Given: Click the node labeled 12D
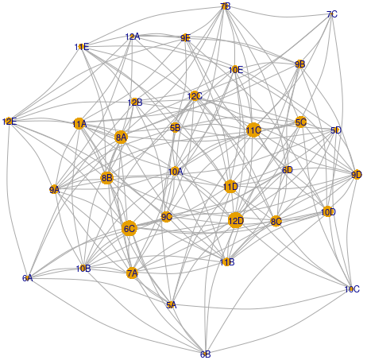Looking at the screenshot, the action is (236, 220).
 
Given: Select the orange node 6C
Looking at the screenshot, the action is (129, 228).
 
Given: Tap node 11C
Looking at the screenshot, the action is (253, 130).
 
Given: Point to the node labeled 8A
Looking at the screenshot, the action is (121, 137).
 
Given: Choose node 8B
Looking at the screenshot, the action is (106, 178).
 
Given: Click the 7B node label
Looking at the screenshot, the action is (226, 6).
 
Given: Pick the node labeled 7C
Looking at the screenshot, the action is (332, 14).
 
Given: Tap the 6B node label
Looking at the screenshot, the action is (206, 354).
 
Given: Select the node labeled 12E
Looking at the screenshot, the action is (10, 122).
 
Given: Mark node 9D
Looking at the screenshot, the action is (357, 175).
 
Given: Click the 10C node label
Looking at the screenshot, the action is (352, 289).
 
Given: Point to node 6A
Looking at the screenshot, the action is (28, 278).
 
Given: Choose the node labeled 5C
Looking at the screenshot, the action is (300, 122).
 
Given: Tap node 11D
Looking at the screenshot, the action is (230, 187).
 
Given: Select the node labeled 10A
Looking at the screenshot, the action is (176, 172).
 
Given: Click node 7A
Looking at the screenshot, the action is (132, 273).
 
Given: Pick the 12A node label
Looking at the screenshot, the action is (133, 37).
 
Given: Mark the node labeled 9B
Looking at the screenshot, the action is (299, 64).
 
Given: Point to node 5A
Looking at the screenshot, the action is (172, 305).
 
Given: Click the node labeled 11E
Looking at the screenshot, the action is (82, 47).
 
